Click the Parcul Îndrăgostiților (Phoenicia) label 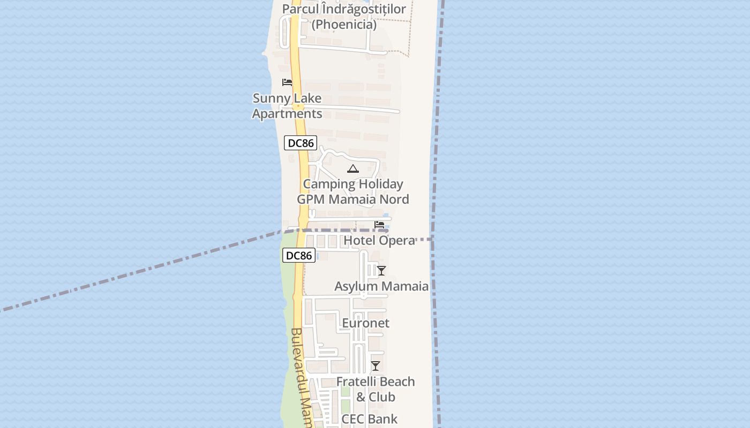tap(344, 17)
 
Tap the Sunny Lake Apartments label tap(287, 106)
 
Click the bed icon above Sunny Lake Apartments tap(287, 82)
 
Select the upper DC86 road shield tap(301, 143)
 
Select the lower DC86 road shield tap(298, 256)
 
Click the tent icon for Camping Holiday tap(352, 169)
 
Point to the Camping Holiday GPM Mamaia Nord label tap(353, 192)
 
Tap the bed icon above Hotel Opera tap(379, 224)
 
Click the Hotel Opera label tap(379, 241)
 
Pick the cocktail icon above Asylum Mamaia tap(381, 271)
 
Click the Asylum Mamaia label tap(381, 286)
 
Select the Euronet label tap(365, 323)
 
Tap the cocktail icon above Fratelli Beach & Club tap(376, 366)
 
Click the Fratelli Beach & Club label tap(376, 389)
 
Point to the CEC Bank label tap(370, 419)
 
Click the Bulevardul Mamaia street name tap(302, 374)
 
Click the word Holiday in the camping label tap(380, 184)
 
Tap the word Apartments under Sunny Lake tap(287, 114)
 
